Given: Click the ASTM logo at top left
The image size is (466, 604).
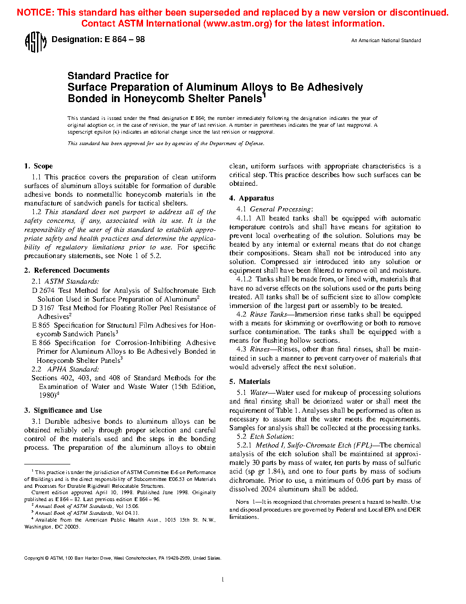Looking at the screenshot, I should pos(35,42).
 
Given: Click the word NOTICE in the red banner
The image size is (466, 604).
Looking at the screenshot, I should pos(35,12).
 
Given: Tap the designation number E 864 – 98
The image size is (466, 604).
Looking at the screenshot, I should pos(125,40).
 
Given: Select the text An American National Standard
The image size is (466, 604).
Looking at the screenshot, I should pos(386,41).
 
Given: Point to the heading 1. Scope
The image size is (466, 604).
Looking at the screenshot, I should pos(38,166).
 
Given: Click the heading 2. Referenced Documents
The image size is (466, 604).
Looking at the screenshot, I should pos(67,270).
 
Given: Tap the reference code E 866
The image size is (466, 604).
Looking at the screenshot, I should pos(41,343).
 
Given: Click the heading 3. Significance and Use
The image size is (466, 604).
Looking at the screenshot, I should pos(63,410).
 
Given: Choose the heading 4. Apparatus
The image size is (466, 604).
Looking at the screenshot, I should pos(251,198).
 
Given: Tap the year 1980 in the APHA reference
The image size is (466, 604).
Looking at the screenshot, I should pos(47,395).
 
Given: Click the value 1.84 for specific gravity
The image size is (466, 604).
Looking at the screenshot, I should pos(275,472).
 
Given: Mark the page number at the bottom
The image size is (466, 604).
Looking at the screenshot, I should pos(222,580).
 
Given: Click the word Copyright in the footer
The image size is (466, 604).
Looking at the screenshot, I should pos(34,558).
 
